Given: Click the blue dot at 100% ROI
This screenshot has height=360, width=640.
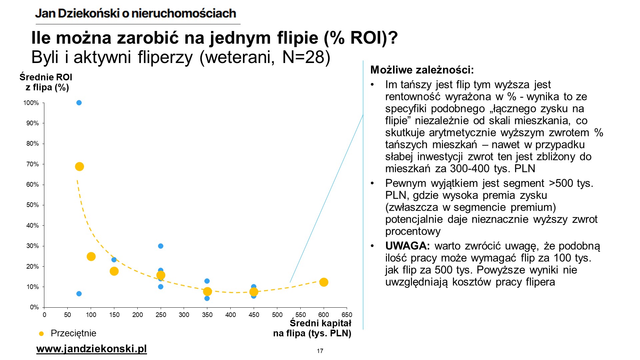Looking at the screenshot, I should point(79,103).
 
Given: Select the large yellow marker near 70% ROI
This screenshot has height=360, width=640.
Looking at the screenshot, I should point(79,167).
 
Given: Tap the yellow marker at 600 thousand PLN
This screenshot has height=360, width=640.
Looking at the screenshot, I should point(324,282).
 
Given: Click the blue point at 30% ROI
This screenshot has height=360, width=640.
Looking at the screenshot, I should point(161,246).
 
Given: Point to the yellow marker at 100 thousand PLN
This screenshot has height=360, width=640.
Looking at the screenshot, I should point(91,256).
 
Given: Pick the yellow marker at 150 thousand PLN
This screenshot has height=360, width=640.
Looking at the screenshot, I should point(114,271).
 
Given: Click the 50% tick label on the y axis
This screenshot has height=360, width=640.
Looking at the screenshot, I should point(33,205).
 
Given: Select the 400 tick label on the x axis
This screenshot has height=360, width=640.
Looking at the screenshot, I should point(231,315).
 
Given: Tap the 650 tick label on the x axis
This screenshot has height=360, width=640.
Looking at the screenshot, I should point(347,315).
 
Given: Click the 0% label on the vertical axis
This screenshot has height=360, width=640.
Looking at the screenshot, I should point(34,307).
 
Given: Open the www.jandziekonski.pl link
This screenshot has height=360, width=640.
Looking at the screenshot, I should point(91,349).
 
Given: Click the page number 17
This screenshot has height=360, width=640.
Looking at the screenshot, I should point(320,351).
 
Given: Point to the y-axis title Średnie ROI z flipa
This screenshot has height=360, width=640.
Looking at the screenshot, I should point(46,82).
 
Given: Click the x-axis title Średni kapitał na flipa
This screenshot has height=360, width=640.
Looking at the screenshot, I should point(313,328).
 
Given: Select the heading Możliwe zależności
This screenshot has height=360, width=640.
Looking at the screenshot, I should point(422,70).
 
